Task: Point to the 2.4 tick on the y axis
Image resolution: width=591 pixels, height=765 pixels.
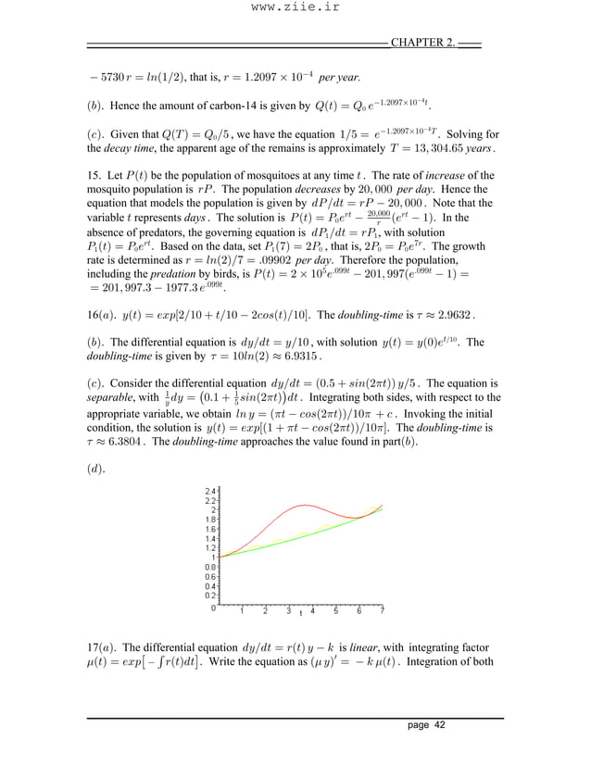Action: pyautogui.click(x=209, y=490)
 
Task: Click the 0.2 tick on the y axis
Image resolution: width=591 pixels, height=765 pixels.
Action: pyautogui.click(x=209, y=596)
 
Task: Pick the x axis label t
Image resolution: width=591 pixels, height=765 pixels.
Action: pyautogui.click(x=300, y=613)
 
